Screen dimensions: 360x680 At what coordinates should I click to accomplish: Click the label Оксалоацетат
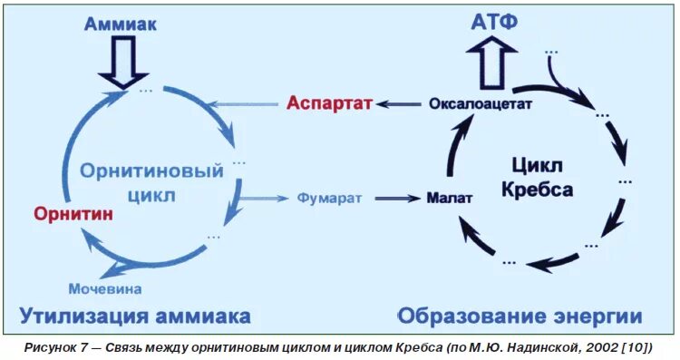tap(480, 103)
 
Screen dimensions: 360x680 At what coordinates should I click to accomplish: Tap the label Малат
tap(449, 197)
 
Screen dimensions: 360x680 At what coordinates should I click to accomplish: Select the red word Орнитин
tap(73, 214)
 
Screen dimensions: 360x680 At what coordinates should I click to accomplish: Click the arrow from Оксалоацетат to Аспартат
tap(400, 103)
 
